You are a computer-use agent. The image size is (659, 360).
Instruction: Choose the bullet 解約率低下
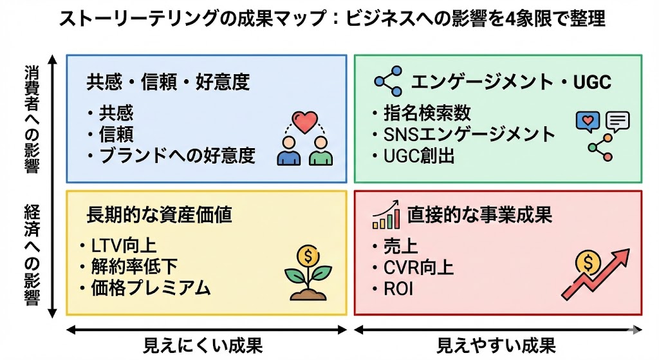(x=133, y=265)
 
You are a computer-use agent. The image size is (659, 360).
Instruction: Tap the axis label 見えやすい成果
(x=496, y=345)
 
